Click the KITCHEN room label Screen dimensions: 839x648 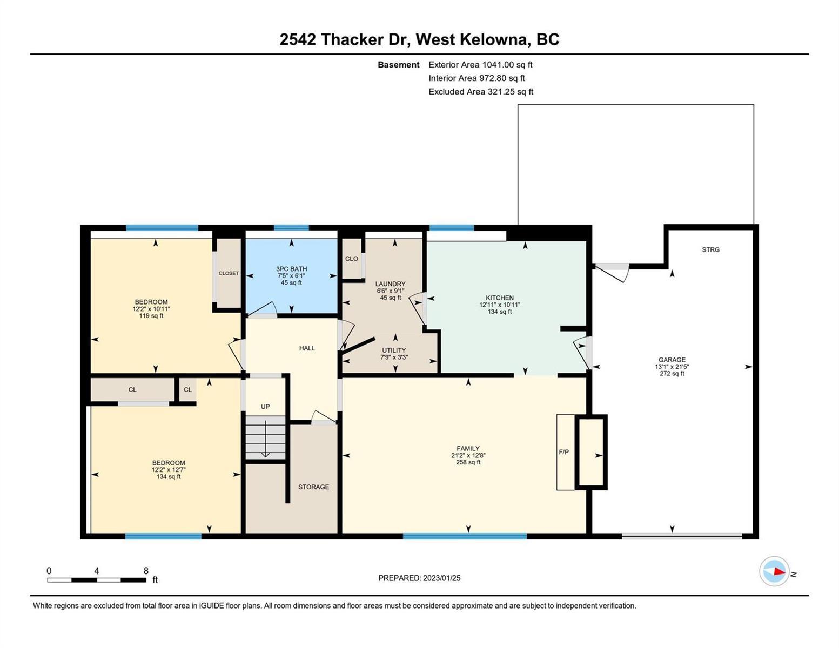[x=500, y=298]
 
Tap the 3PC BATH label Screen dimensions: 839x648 [x=292, y=268]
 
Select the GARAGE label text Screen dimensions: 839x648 [x=672, y=359]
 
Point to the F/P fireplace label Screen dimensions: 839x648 [x=563, y=451]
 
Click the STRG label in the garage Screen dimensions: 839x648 [x=710, y=249]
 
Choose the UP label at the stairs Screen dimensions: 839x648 [x=265, y=407]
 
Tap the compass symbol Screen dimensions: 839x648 [x=774, y=571]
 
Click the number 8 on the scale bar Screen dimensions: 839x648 [x=146, y=571]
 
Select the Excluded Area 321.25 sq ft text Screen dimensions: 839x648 [x=481, y=92]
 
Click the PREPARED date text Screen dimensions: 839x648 [x=419, y=578]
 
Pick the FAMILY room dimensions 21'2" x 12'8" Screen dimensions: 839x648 [x=468, y=455]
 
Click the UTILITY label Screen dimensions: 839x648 [x=394, y=350]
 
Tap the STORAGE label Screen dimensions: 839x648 [x=313, y=487]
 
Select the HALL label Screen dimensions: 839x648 [x=307, y=348]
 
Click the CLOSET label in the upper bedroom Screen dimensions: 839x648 [x=229, y=273]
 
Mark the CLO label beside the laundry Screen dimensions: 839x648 [x=351, y=259]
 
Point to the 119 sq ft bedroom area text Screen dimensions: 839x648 [x=151, y=316]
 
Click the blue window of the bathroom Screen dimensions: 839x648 [x=291, y=228]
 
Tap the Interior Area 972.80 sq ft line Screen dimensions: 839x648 [x=476, y=78]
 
